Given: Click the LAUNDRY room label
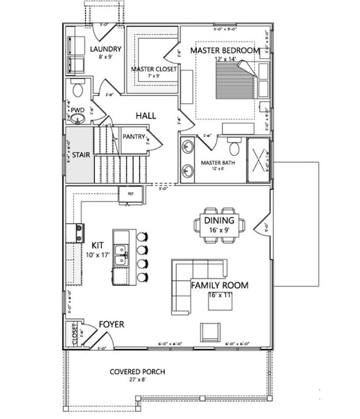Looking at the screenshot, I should point(105,49).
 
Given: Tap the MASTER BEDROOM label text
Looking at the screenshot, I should point(225,50).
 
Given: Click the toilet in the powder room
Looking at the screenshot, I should point(77,88).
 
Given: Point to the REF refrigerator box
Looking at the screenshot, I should point(131,194).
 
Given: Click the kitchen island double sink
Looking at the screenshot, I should point(120,257).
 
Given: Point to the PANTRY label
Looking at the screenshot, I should point(133,136).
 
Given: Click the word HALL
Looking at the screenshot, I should point(146,116).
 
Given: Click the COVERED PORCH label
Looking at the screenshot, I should point(137,372).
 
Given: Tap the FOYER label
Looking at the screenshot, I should point(111,324).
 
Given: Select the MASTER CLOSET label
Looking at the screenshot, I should point(154,69).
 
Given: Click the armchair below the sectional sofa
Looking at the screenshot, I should point(210,331).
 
